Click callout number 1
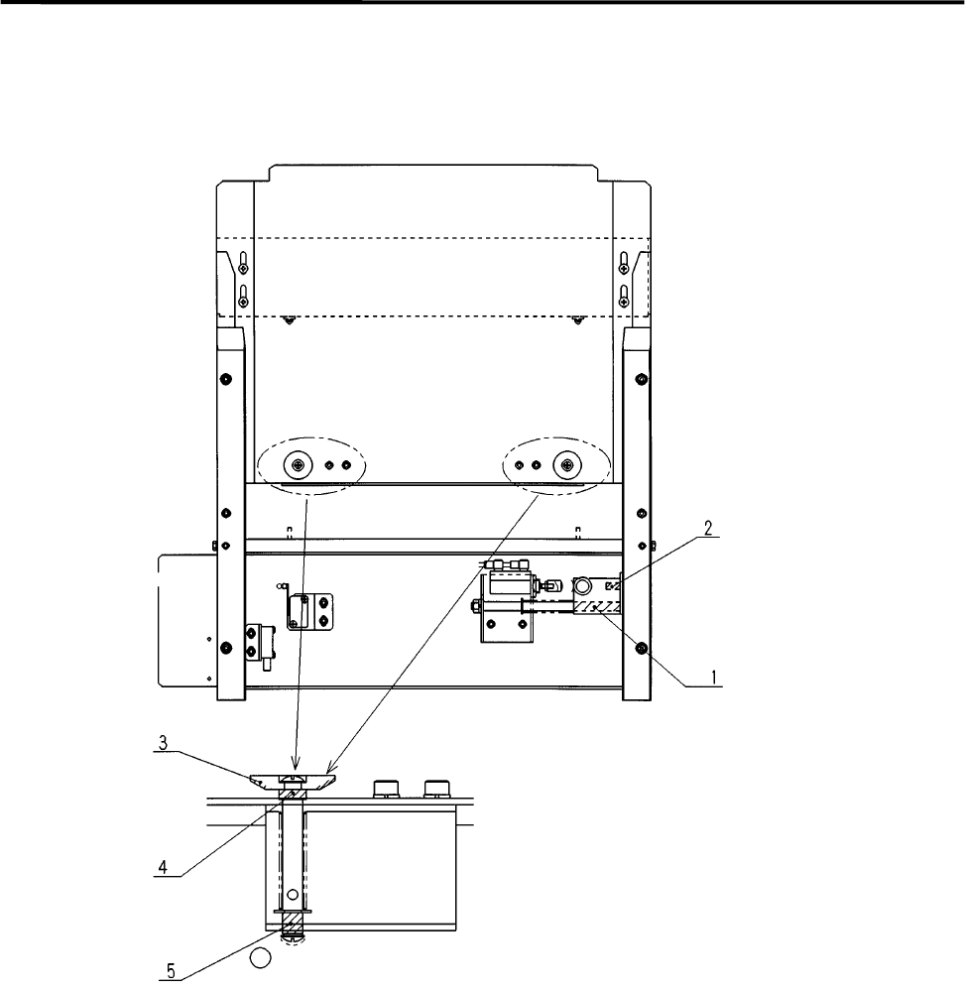click(x=714, y=678)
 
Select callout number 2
click(x=708, y=528)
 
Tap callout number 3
click(x=163, y=743)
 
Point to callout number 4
click(x=163, y=867)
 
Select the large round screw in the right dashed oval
click(x=567, y=466)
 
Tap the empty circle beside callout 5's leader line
click(x=261, y=958)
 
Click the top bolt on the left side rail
click(x=225, y=379)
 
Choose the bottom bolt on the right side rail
click(x=642, y=648)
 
